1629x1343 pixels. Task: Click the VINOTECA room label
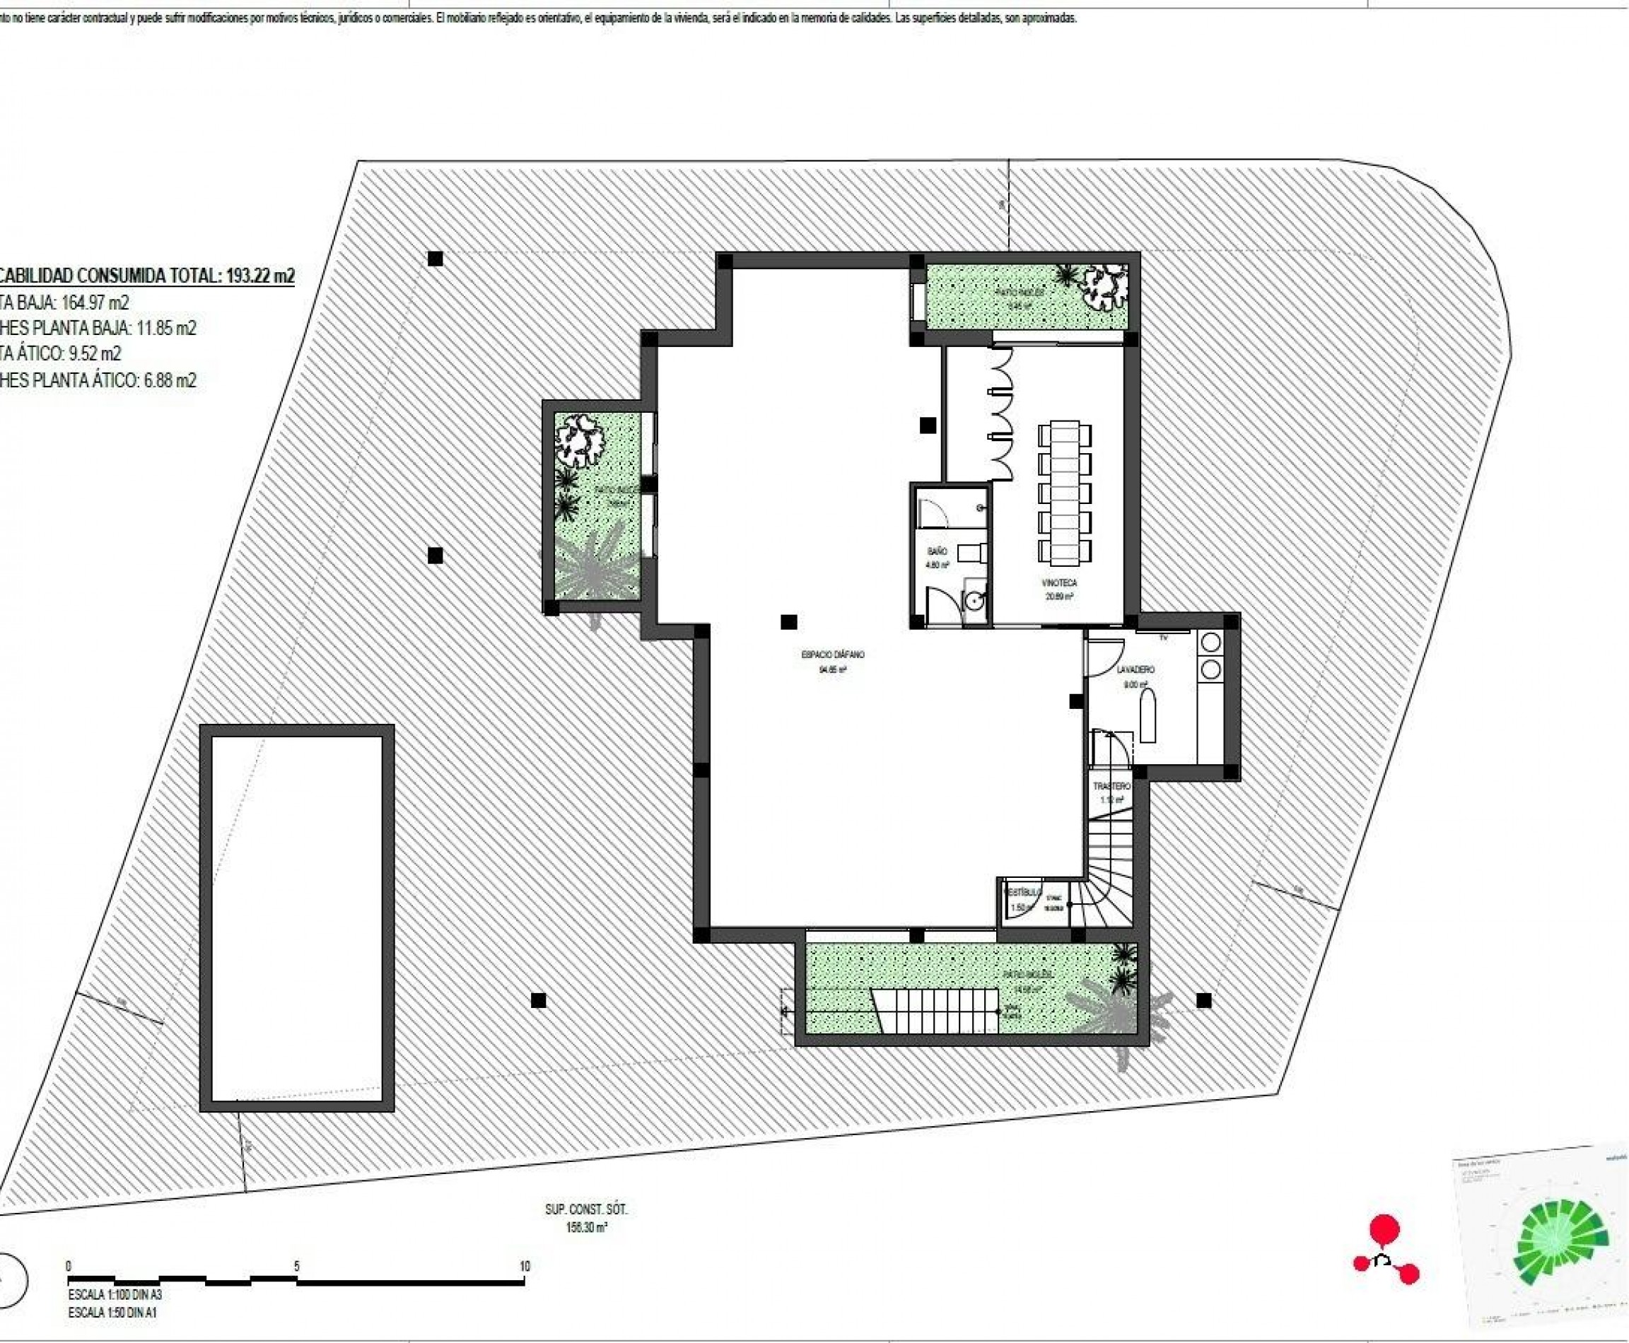coord(1059,582)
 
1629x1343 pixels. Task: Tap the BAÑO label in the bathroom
coord(937,551)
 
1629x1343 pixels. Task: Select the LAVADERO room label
coord(1135,669)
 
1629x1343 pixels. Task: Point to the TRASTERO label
coord(1111,786)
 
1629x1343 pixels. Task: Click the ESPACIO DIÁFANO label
coord(833,655)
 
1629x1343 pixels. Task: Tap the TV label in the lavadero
coord(1163,638)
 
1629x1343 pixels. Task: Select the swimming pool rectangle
coord(297,918)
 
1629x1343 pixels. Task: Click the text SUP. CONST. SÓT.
coord(586,1209)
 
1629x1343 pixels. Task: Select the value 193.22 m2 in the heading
coord(260,276)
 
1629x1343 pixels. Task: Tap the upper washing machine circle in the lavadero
coord(1210,642)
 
